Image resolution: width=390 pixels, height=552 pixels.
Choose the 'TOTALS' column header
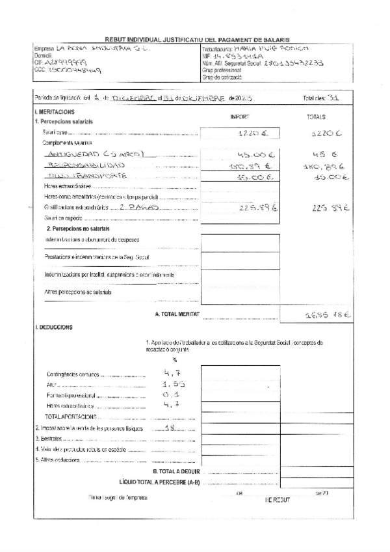pos(333,117)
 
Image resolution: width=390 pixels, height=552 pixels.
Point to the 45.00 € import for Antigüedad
pos(248,156)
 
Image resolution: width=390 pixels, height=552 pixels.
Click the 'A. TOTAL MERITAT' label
pos(175,314)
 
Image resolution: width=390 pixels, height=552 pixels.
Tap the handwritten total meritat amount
pos(328,315)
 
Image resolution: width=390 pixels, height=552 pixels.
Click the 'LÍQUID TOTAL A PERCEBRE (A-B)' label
pos(160,482)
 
